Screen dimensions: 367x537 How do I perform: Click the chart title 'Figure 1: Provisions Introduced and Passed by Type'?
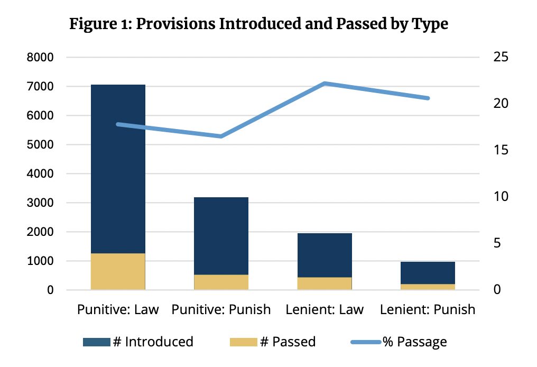coord(258,24)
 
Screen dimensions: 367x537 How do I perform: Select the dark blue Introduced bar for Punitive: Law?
coord(118,169)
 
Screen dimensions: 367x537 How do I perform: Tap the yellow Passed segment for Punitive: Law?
coord(118,271)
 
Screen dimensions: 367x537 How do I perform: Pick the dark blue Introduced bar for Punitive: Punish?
coord(221,236)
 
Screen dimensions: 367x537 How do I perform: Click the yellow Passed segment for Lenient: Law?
coord(325,283)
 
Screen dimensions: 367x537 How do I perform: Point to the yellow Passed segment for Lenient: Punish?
coord(428,287)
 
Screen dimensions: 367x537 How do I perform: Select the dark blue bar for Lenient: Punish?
coord(428,273)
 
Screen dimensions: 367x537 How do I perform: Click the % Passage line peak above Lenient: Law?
coord(325,84)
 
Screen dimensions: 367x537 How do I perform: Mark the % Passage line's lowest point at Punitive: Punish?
coord(221,136)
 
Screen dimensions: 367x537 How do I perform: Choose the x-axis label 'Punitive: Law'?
coord(118,309)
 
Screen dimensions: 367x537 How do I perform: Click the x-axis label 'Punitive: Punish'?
coord(221,309)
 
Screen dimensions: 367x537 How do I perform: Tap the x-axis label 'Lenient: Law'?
coord(325,309)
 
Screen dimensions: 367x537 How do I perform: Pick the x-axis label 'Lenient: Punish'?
coord(428,309)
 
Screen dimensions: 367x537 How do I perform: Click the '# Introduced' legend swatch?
coord(96,342)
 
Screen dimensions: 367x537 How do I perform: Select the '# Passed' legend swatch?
coord(244,342)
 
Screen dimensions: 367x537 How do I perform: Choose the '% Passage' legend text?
coord(415,342)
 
